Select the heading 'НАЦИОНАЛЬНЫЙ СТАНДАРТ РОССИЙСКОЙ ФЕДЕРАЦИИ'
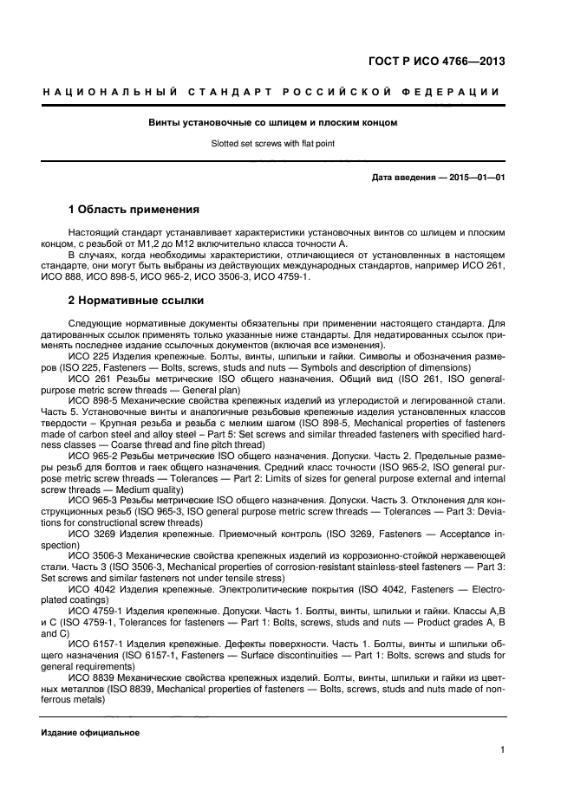tap(272, 93)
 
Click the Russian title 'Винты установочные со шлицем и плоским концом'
tap(272, 123)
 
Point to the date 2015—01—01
tap(477, 178)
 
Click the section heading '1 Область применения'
tap(134, 210)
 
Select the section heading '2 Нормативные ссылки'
tap(135, 301)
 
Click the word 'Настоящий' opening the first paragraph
tap(94, 233)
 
